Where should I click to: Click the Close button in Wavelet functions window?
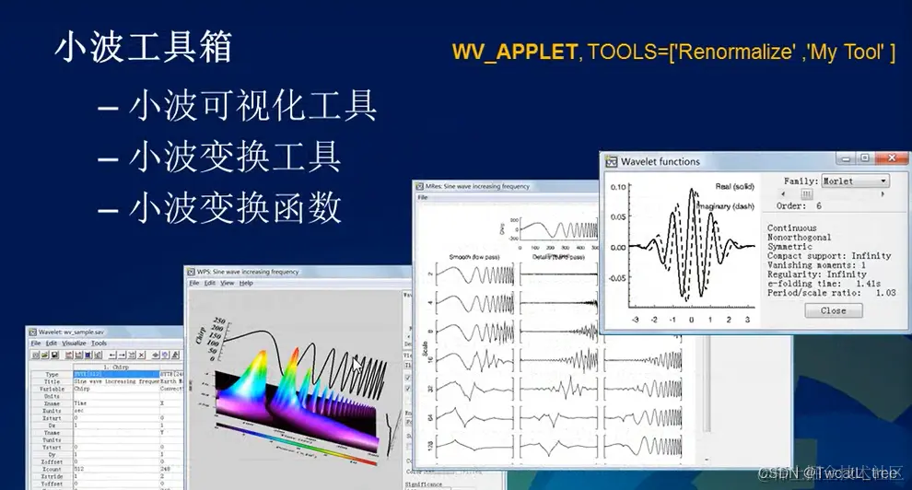pyautogui.click(x=833, y=310)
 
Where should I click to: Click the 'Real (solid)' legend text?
pyautogui.click(x=734, y=187)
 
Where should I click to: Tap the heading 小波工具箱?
pyautogui.click(x=143, y=47)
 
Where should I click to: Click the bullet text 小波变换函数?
pyautogui.click(x=235, y=208)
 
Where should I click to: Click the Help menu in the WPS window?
pyautogui.click(x=246, y=283)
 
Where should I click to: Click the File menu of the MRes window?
pyautogui.click(x=423, y=198)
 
